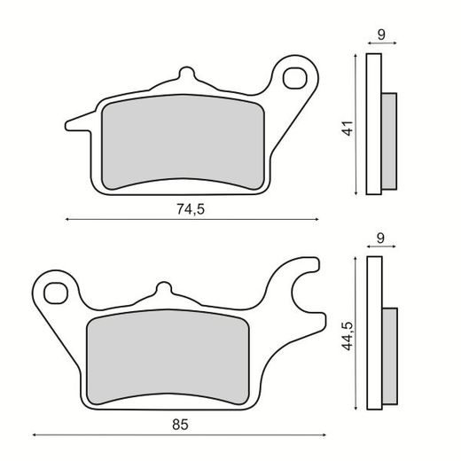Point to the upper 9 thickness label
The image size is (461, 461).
tap(380, 35)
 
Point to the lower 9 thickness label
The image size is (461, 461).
tap(380, 238)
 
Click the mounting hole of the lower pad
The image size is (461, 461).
tap(59, 291)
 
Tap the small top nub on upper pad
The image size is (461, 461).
tap(185, 74)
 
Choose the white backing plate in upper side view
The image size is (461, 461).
tap(374, 124)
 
